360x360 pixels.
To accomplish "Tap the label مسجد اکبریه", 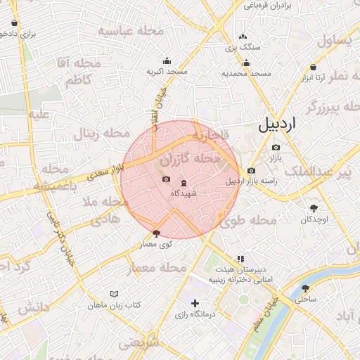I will (x=167, y=72).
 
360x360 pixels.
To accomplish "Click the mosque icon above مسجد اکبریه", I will (x=167, y=60).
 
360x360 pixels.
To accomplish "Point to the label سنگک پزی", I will (x=243, y=48).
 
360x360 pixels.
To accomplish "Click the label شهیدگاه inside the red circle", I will (x=184, y=193).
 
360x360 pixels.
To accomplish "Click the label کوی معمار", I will (x=156, y=244).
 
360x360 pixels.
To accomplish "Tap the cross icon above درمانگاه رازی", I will (x=195, y=303).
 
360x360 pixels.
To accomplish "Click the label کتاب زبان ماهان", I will (x=115, y=306).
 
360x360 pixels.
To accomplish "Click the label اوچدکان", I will (x=313, y=219).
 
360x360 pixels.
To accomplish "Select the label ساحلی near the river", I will (x=307, y=299).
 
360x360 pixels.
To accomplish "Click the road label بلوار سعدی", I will (x=109, y=171).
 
